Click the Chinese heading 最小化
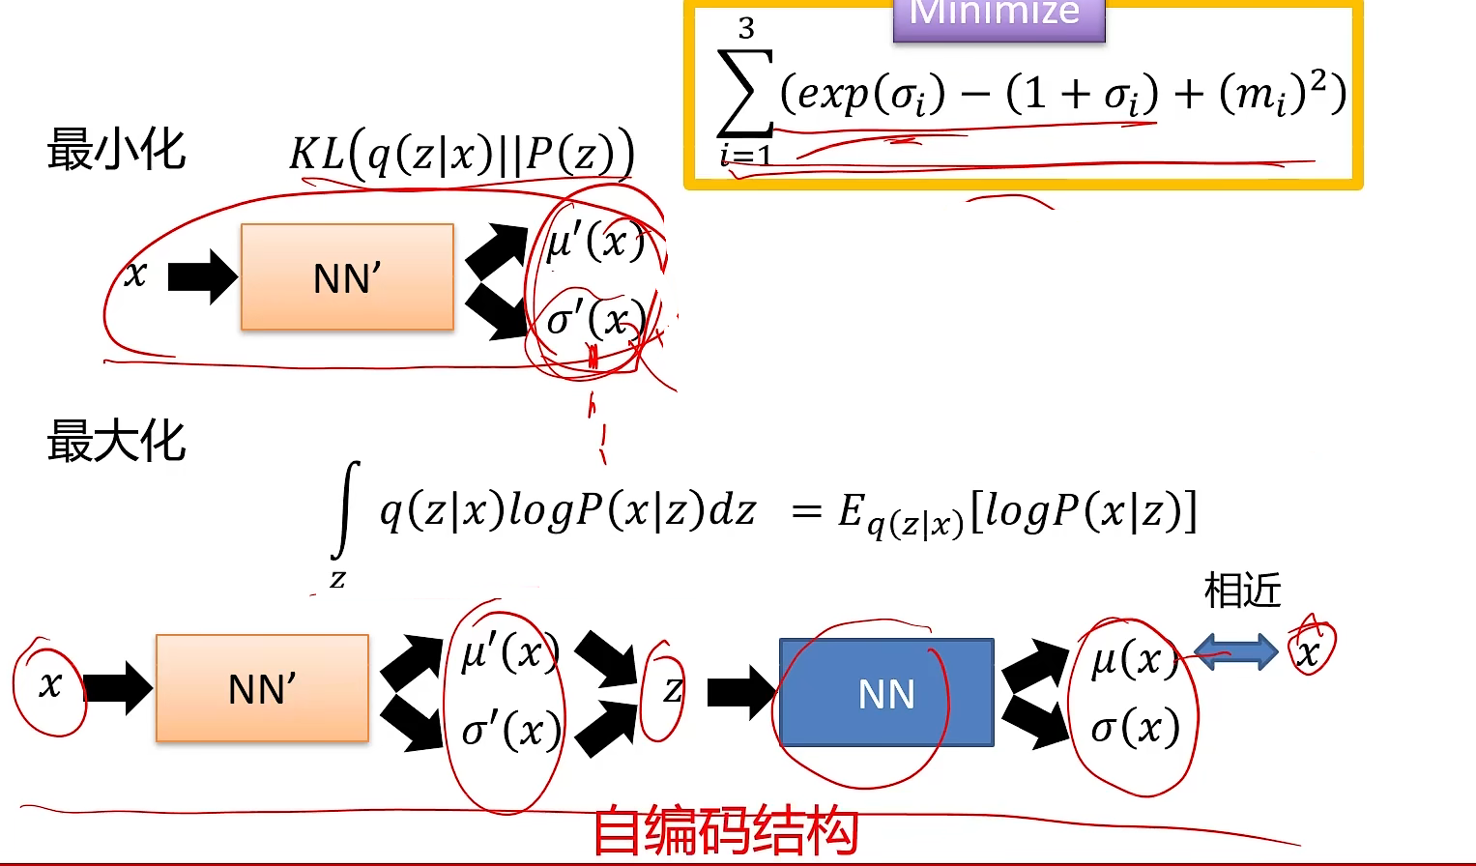click(116, 151)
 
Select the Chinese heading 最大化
click(116, 442)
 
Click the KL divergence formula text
click(462, 155)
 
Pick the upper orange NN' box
click(347, 277)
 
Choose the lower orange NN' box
click(262, 688)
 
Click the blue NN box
click(886, 693)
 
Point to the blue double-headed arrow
click(1236, 652)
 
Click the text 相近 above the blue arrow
click(1242, 590)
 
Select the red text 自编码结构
click(725, 831)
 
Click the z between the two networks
click(671, 690)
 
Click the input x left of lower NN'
click(49, 685)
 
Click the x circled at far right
click(1308, 653)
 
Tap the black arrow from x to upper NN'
click(202, 276)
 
